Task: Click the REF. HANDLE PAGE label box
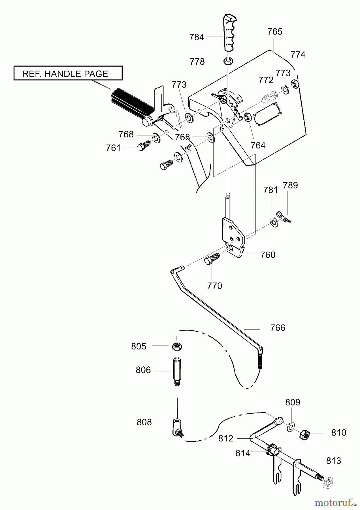pyautogui.click(x=68, y=73)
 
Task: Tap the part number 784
pyautogui.click(x=197, y=37)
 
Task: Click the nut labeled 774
pyautogui.click(x=295, y=84)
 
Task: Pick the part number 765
pyautogui.click(x=275, y=31)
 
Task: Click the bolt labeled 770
pyautogui.click(x=212, y=258)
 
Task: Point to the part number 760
pyautogui.click(x=268, y=255)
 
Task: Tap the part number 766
pyautogui.click(x=278, y=328)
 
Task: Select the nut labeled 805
pyautogui.click(x=177, y=346)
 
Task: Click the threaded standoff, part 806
pyautogui.click(x=177, y=371)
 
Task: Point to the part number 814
pyautogui.click(x=243, y=453)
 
